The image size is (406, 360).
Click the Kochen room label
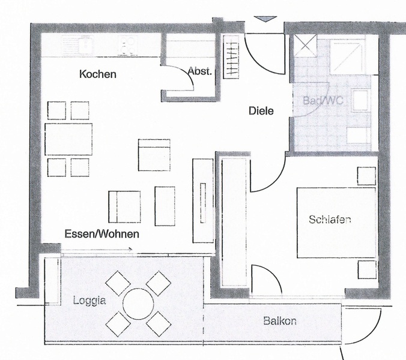98,74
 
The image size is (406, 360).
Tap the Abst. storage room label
200,71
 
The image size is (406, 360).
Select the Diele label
261,111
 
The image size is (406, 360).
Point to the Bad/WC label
323,100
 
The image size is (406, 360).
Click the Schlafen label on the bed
330,220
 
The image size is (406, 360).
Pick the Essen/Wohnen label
101,234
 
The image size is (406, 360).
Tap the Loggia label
89,301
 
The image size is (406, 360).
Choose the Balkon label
280,321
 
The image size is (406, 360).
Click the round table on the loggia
138,304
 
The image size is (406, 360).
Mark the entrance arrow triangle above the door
265,19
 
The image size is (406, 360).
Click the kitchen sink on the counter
77,46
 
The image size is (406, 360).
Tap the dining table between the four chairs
68,139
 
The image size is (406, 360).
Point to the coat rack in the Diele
231,56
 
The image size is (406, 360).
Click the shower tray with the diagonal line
347,56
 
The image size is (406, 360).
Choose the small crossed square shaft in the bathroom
305,46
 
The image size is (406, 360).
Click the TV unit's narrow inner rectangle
203,203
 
